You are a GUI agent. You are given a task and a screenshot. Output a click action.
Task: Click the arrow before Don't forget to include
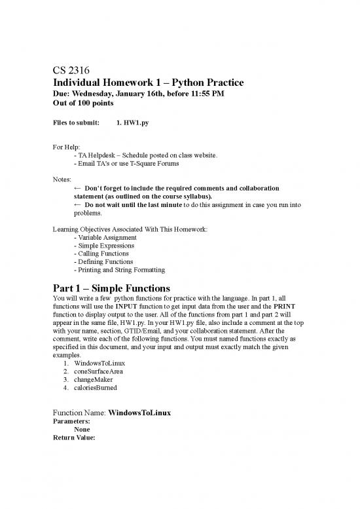click(x=78, y=187)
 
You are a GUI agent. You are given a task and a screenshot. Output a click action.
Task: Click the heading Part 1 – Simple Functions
click(x=111, y=288)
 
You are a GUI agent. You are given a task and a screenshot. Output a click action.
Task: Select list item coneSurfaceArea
click(x=103, y=371)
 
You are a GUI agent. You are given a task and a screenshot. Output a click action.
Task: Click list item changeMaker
click(x=97, y=379)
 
